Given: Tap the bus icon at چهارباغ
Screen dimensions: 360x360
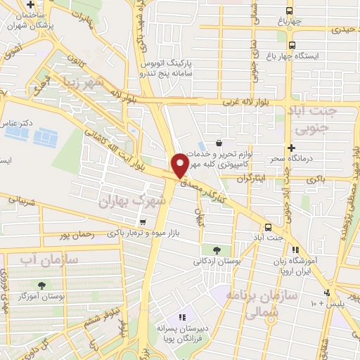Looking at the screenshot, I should [x=289, y=11].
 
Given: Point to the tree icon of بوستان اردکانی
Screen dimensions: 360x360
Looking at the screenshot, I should [x=216, y=250].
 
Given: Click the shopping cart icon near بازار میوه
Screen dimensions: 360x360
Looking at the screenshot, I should [x=143, y=221].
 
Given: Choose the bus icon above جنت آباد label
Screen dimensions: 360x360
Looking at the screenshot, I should [x=268, y=227].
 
